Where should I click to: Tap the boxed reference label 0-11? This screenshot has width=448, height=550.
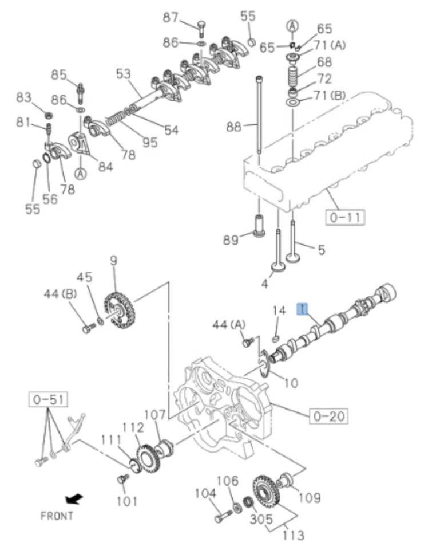tap(345, 218)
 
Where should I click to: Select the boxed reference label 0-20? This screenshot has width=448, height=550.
tap(328, 415)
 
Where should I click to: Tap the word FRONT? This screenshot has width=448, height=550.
tap(57, 516)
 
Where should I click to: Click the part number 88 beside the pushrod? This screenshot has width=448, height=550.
tap(233, 127)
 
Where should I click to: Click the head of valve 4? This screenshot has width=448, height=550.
tap(279, 269)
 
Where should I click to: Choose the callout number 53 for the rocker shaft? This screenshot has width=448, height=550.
tap(123, 74)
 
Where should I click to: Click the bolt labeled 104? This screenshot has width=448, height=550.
tap(222, 518)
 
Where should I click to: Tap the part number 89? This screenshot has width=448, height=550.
tap(231, 240)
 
